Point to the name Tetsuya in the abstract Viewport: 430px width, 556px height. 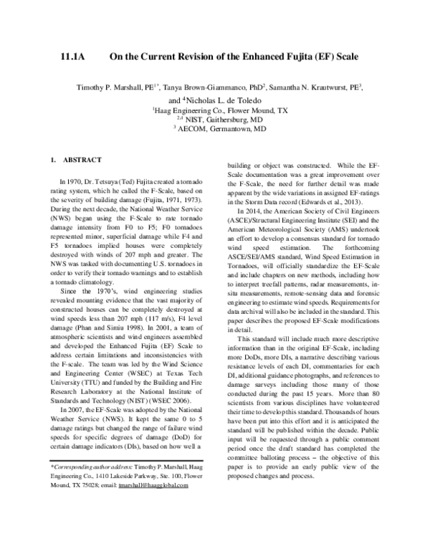click(x=102, y=184)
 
